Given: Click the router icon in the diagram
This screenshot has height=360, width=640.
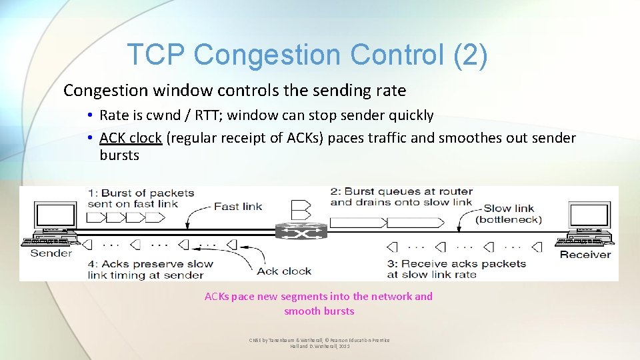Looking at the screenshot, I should (301, 231).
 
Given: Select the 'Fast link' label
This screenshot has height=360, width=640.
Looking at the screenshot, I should (238, 206).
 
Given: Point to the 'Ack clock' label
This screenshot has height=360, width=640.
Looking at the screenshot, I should (284, 271).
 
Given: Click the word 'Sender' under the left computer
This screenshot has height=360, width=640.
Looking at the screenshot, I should (51, 253).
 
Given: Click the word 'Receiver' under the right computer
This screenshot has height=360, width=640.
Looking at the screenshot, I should (585, 254).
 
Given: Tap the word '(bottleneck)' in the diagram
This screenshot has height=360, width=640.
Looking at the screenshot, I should (509, 219).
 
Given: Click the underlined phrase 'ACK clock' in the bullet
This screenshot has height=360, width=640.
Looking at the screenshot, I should (131, 138).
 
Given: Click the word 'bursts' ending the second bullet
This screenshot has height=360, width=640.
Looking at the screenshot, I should (119, 155).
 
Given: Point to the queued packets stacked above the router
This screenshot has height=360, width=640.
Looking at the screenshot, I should (301, 209).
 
